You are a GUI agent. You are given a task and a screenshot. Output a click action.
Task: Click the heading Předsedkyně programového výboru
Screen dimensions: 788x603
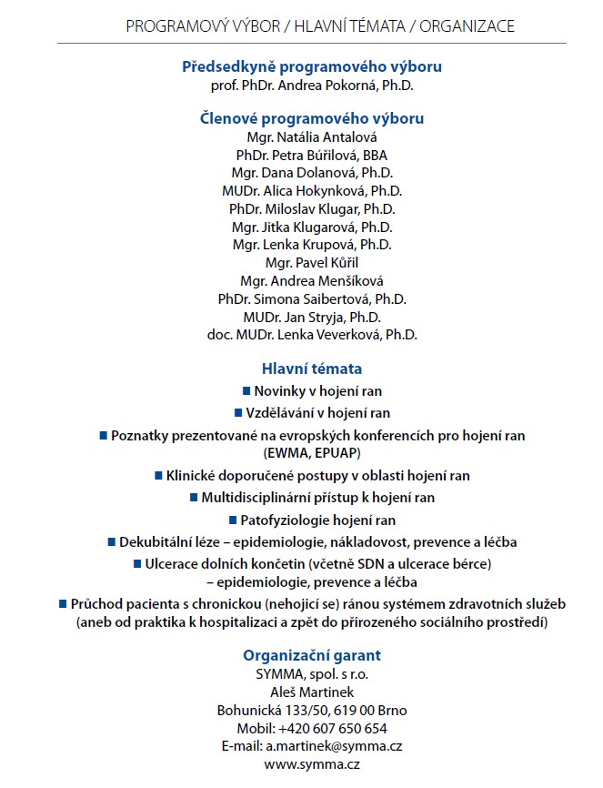(312, 67)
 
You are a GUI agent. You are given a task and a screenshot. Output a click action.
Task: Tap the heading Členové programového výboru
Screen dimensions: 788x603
(312, 118)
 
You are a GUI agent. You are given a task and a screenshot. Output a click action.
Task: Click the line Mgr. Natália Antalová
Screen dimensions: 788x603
(312, 136)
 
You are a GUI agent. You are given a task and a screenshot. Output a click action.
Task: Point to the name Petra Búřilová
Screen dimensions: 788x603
(324, 155)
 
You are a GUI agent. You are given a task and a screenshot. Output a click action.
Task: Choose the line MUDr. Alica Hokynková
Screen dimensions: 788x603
(312, 190)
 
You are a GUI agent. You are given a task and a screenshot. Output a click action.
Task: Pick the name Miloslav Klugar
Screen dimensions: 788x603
(325, 208)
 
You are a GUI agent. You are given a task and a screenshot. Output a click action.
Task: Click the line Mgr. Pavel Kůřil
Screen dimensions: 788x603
(312, 263)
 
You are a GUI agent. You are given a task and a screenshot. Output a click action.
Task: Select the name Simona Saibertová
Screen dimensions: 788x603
(324, 298)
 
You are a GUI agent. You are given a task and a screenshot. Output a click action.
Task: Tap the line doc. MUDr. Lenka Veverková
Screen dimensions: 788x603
(312, 335)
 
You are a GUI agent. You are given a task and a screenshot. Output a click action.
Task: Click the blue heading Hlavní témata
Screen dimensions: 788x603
(312, 369)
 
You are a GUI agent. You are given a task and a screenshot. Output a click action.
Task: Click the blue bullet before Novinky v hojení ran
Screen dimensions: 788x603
(246, 389)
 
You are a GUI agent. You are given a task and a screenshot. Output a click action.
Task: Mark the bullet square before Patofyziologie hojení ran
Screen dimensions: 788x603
(233, 520)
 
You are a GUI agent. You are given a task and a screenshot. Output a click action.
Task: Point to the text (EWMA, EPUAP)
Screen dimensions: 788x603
(312, 452)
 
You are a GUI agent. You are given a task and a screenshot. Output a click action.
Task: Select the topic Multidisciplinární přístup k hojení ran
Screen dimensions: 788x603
(317, 498)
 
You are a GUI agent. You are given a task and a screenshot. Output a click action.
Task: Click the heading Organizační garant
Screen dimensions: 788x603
(312, 655)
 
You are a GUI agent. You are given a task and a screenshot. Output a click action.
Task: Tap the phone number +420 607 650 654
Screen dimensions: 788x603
(332, 728)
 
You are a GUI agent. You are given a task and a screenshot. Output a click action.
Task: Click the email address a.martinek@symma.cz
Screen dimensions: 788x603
(334, 746)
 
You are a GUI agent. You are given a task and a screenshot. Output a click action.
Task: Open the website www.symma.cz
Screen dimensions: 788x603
(312, 764)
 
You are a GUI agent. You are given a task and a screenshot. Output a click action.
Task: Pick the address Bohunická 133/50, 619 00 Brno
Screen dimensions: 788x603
(312, 710)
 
